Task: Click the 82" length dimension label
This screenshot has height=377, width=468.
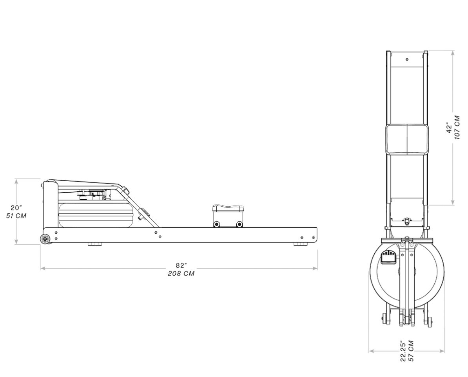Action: click(x=181, y=265)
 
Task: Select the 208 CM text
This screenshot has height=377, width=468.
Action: click(x=181, y=273)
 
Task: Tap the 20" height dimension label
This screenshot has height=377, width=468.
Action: click(x=16, y=208)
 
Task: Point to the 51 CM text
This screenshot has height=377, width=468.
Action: click(x=16, y=216)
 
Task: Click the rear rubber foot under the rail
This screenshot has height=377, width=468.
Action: click(x=300, y=244)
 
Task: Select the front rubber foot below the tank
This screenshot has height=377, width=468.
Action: click(x=94, y=244)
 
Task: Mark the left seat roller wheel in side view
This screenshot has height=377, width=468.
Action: click(x=216, y=224)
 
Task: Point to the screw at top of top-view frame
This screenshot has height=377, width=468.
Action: click(x=407, y=60)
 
